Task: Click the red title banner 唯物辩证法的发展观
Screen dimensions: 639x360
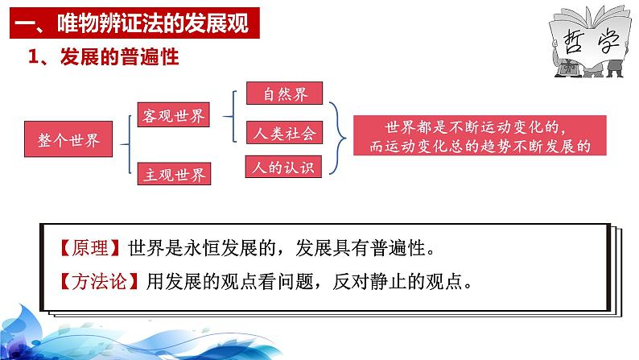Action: tap(134, 23)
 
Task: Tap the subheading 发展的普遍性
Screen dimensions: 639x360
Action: tap(119, 56)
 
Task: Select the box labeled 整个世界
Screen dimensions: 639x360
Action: tap(68, 139)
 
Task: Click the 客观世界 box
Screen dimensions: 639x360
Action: tap(174, 115)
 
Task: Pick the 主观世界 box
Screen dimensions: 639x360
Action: tap(174, 174)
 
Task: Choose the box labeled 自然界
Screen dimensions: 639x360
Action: tap(284, 93)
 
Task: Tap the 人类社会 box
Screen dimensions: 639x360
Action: tap(284, 133)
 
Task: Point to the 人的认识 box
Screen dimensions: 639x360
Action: tap(283, 167)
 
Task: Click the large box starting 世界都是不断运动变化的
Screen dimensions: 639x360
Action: tap(480, 135)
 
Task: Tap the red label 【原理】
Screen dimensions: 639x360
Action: tap(89, 247)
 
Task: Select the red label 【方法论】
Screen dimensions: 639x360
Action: tap(99, 281)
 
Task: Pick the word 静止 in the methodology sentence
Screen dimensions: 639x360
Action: tap(389, 281)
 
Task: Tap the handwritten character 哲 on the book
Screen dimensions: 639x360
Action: tap(572, 42)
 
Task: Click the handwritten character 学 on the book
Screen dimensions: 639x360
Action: tap(608, 41)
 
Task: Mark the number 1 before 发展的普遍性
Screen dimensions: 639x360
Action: tap(33, 56)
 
